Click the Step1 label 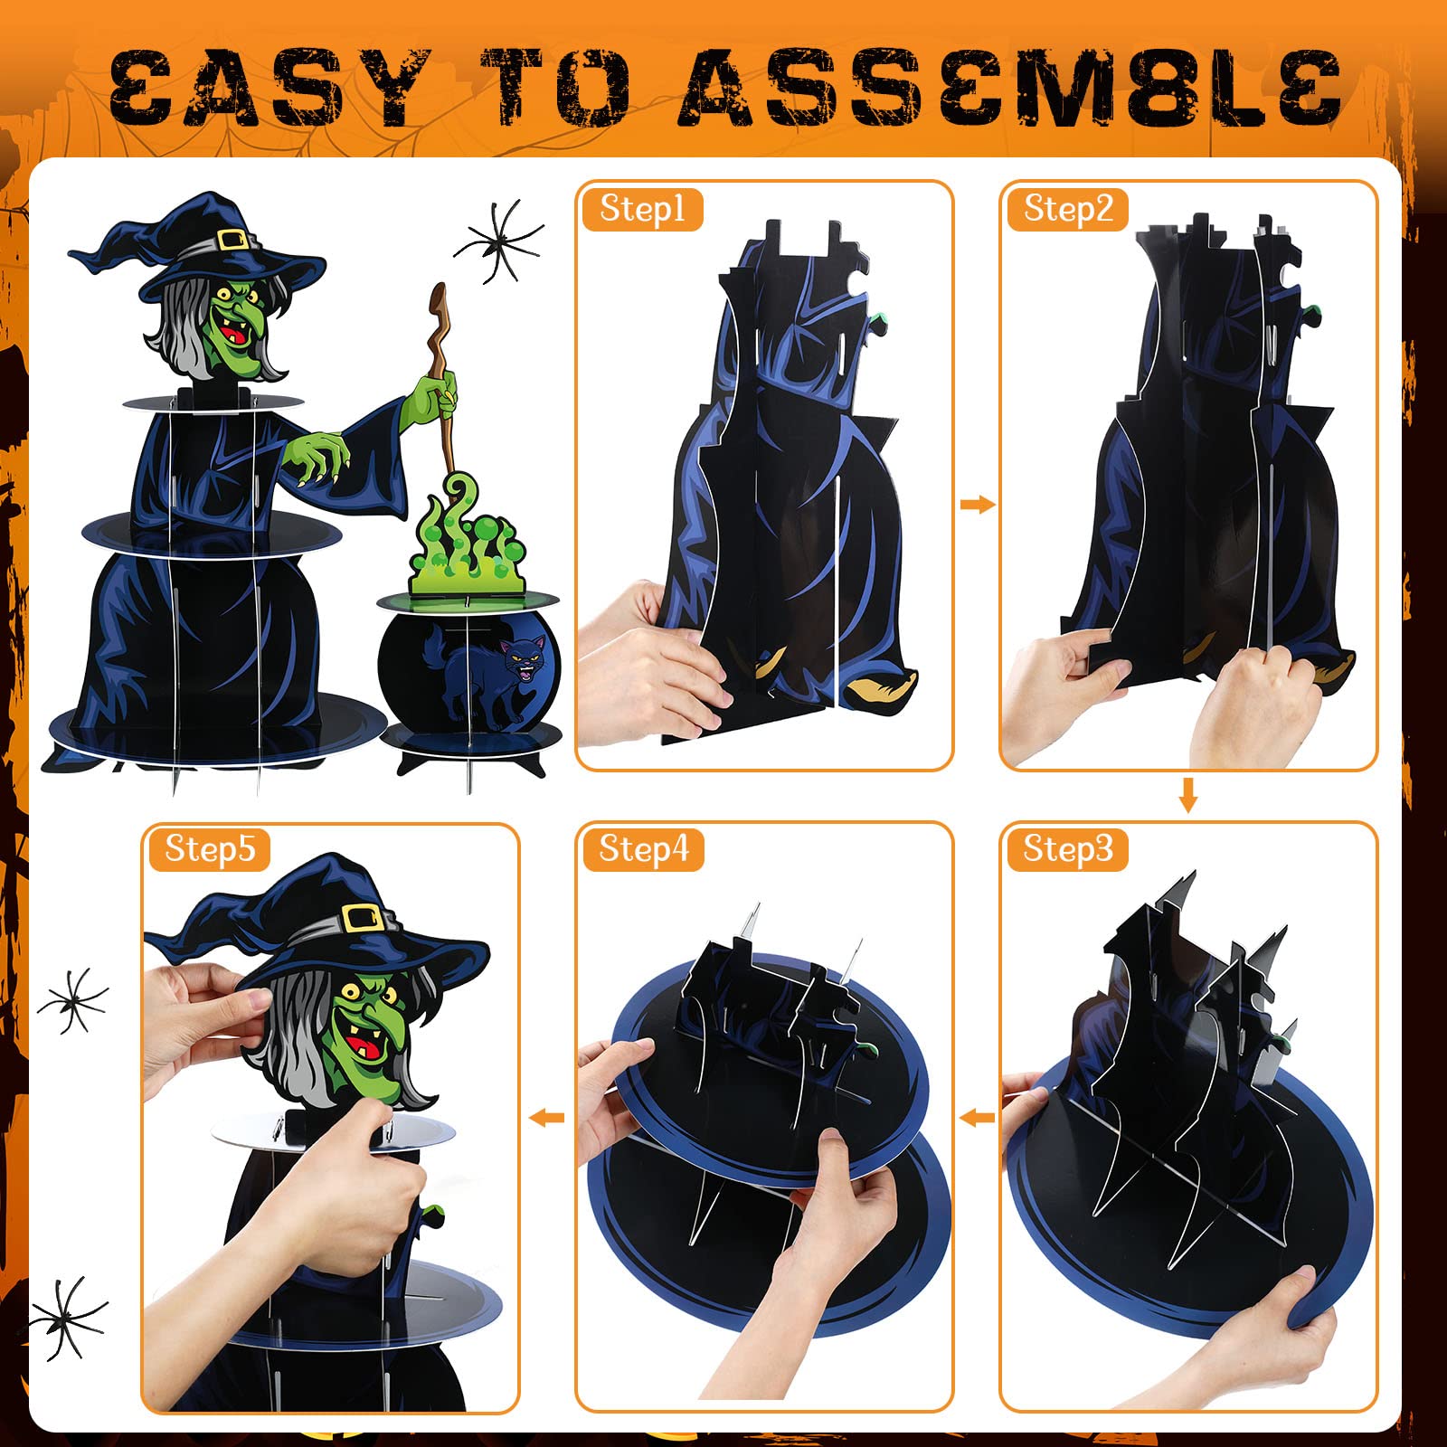click(x=642, y=209)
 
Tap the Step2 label click(x=1067, y=209)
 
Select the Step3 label click(x=1067, y=849)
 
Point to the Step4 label click(x=643, y=849)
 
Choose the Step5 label click(x=209, y=849)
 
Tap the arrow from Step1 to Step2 click(x=977, y=505)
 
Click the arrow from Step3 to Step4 click(x=977, y=1119)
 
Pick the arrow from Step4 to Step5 click(x=546, y=1119)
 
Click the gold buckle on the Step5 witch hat click(x=361, y=918)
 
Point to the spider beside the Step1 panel click(x=498, y=241)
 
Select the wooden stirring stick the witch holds click(x=442, y=380)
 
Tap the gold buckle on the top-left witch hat click(x=232, y=240)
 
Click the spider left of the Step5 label click(x=72, y=1000)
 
